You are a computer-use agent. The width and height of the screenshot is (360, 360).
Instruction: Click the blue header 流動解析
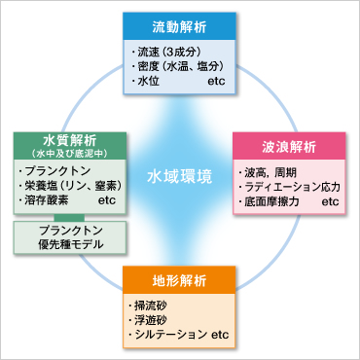tap(180, 25)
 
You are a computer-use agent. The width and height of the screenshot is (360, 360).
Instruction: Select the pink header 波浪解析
tap(288, 147)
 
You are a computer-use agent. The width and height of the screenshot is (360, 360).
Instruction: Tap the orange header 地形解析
tap(180, 282)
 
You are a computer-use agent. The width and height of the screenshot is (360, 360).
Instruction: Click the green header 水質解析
tap(69, 139)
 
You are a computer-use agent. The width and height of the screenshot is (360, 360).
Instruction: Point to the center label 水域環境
tap(180, 179)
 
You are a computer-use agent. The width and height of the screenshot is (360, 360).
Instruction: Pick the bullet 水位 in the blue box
tap(148, 83)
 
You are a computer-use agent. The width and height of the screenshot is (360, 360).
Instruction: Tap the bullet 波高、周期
tap(271, 172)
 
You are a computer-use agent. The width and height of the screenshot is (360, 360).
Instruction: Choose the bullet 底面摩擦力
tap(275, 202)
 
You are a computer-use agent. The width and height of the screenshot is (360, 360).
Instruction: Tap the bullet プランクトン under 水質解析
tap(56, 171)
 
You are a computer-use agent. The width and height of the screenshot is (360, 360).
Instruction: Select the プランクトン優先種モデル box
tap(70, 236)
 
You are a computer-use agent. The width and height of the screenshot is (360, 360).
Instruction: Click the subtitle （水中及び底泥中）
tap(69, 154)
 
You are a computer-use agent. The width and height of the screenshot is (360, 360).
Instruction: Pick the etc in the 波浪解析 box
tap(329, 202)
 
